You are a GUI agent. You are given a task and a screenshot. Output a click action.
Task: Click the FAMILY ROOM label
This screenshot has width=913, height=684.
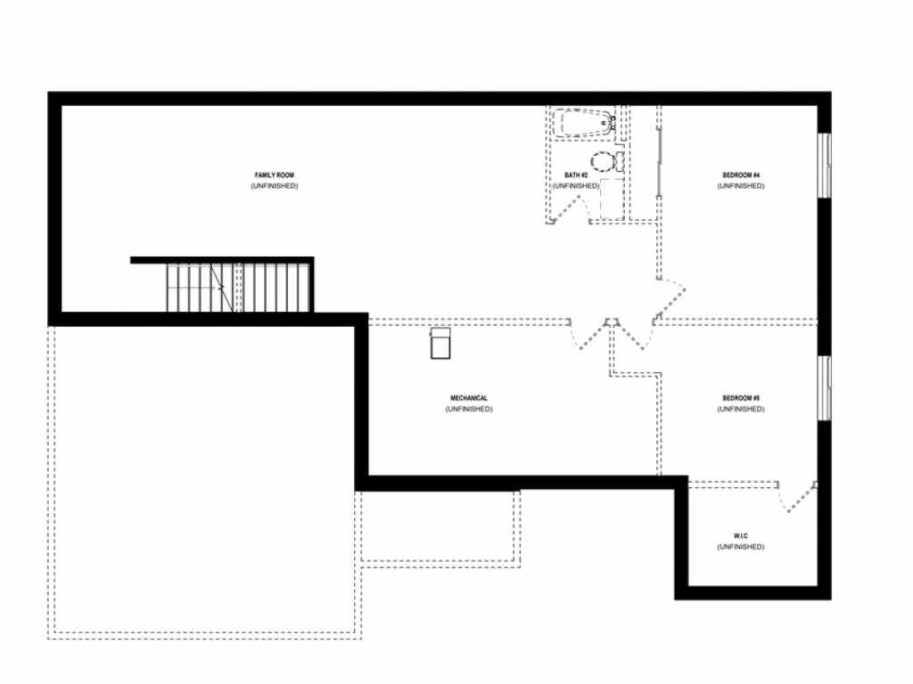tap(275, 175)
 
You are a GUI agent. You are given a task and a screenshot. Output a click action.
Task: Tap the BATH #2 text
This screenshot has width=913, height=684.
tap(576, 175)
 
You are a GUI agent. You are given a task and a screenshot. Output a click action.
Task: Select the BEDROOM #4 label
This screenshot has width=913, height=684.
tap(741, 175)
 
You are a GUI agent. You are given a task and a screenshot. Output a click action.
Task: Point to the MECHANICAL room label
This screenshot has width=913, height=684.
tap(469, 398)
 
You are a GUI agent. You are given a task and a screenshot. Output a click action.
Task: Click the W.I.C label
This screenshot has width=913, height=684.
tap(741, 535)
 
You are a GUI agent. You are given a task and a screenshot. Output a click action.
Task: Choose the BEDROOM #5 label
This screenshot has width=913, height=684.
tap(741, 398)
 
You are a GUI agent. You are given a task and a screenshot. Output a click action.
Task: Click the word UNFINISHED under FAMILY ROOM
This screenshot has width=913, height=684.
tap(275, 186)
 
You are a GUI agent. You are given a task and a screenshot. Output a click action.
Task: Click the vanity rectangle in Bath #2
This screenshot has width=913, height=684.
tap(612, 199)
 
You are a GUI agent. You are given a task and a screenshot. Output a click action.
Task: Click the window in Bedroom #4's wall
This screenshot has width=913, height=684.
tap(825, 166)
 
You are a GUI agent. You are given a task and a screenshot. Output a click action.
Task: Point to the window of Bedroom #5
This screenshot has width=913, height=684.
tap(825, 387)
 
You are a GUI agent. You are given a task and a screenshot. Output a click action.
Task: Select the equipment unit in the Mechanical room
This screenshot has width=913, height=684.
tap(440, 343)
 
